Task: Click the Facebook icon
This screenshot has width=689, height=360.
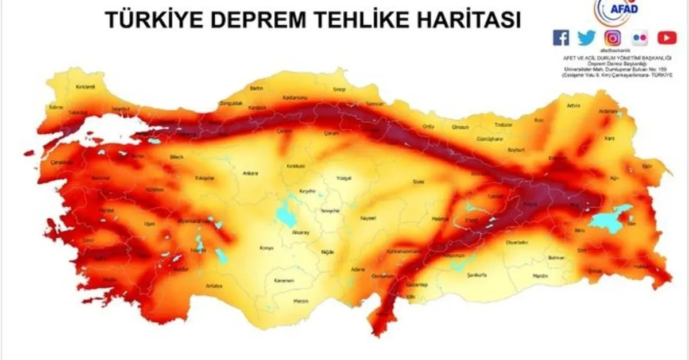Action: (x=560, y=38)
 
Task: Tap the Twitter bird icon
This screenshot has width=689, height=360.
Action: (x=587, y=38)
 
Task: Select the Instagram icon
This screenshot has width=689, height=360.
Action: (x=613, y=38)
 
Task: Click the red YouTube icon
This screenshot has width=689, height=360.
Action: (x=667, y=38)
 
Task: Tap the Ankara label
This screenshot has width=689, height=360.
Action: (x=251, y=173)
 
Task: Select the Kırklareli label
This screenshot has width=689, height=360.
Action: (x=84, y=87)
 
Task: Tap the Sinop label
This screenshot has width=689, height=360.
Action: (x=340, y=90)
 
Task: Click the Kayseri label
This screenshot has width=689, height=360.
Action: (x=367, y=219)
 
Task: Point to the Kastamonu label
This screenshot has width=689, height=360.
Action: (x=296, y=97)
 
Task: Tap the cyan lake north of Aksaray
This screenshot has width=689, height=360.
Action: (x=285, y=212)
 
